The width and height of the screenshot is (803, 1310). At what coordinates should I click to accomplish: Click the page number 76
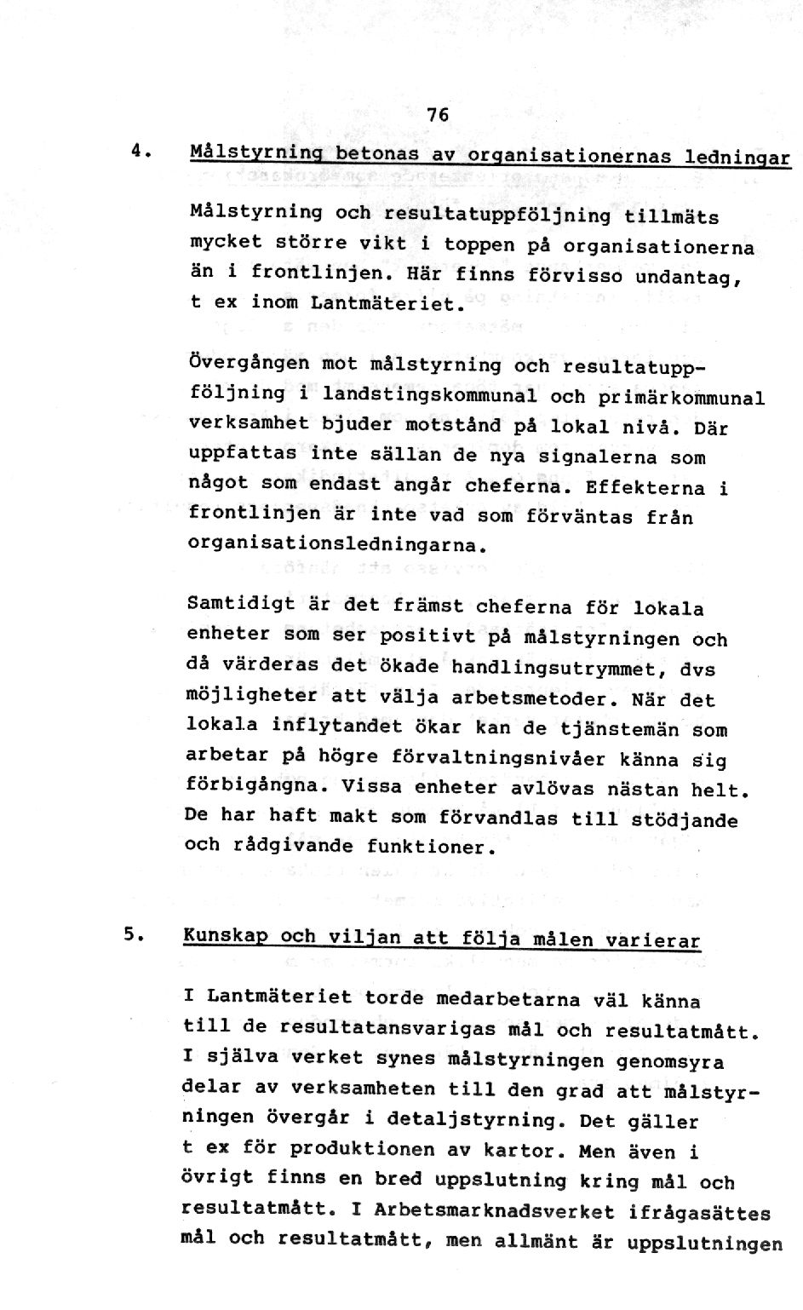pos(438,115)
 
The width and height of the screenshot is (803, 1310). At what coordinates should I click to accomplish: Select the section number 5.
pos(132,934)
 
